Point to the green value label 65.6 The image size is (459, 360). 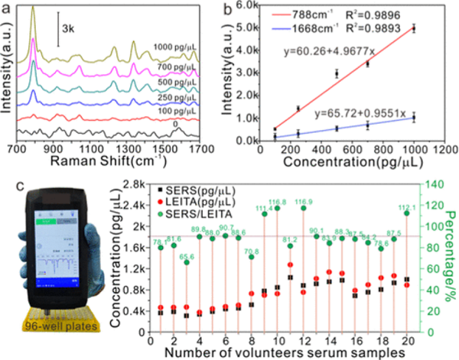[x=187, y=257]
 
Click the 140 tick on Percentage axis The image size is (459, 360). [x=435, y=184]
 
